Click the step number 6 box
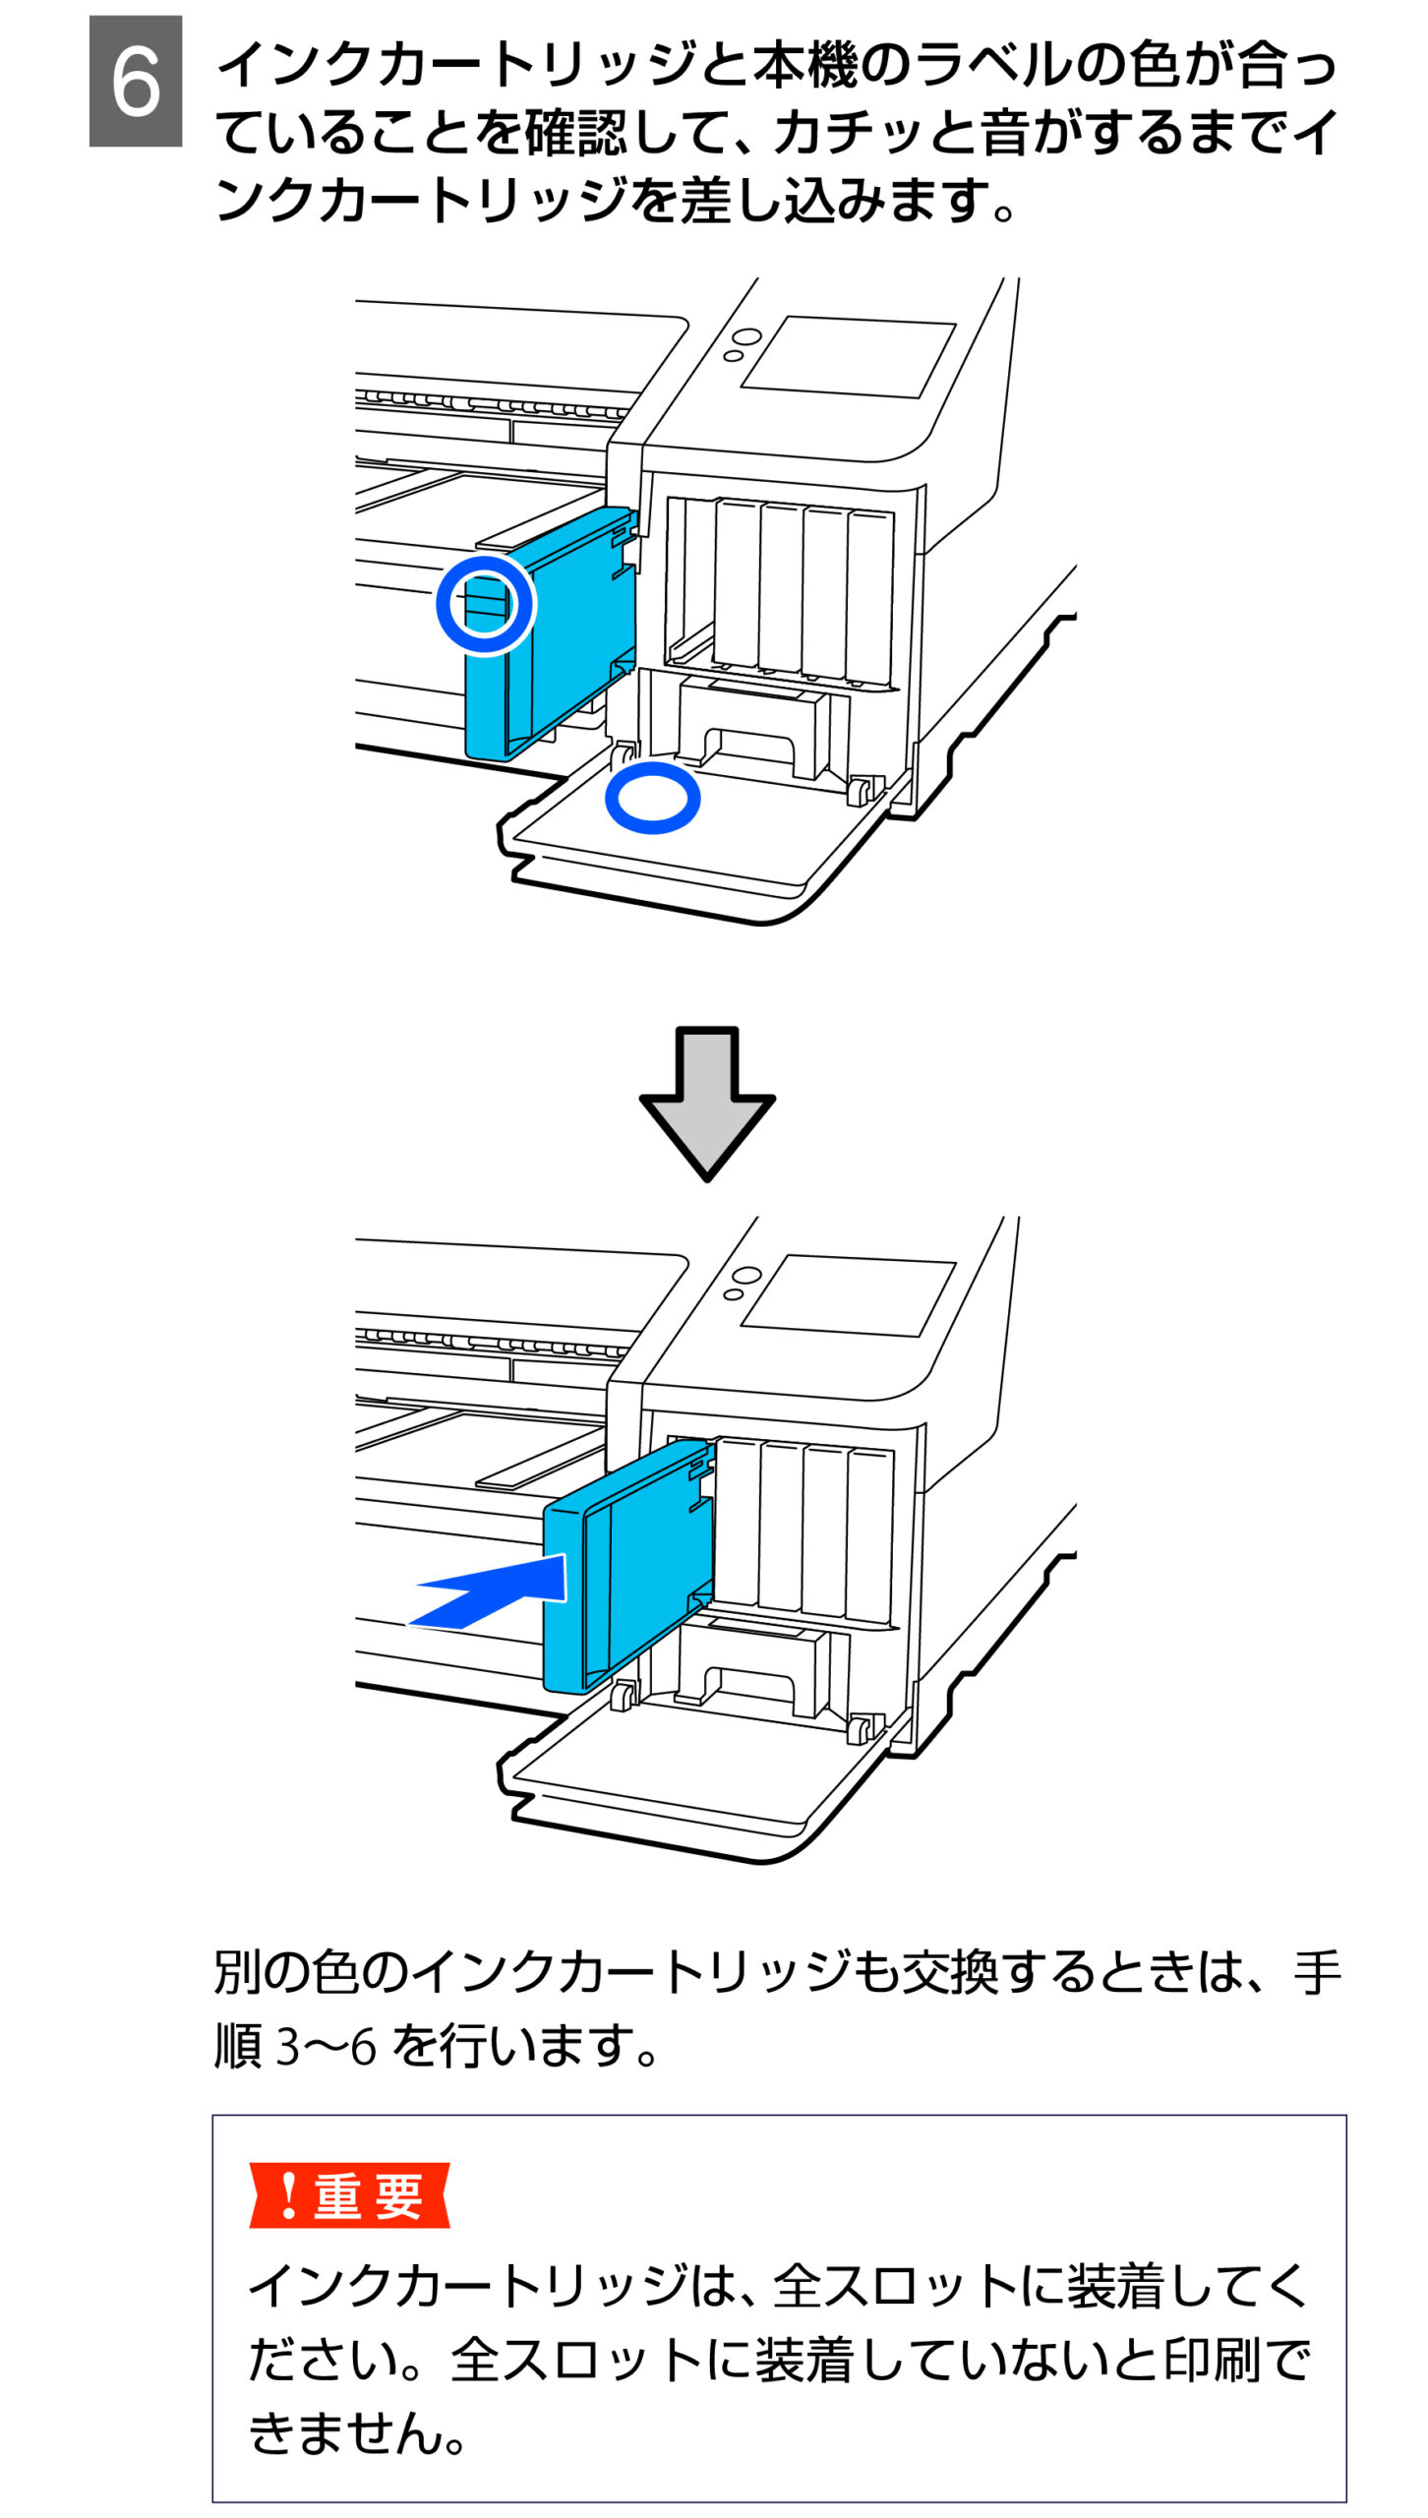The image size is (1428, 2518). tap(135, 81)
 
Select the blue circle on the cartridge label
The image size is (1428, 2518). tap(485, 604)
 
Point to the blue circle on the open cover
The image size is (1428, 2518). tap(652, 797)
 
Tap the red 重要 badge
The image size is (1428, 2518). tap(349, 2195)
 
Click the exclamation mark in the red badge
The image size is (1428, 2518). tap(287, 2195)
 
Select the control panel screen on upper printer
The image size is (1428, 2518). tap(848, 357)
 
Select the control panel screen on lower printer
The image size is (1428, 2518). tap(848, 1295)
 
